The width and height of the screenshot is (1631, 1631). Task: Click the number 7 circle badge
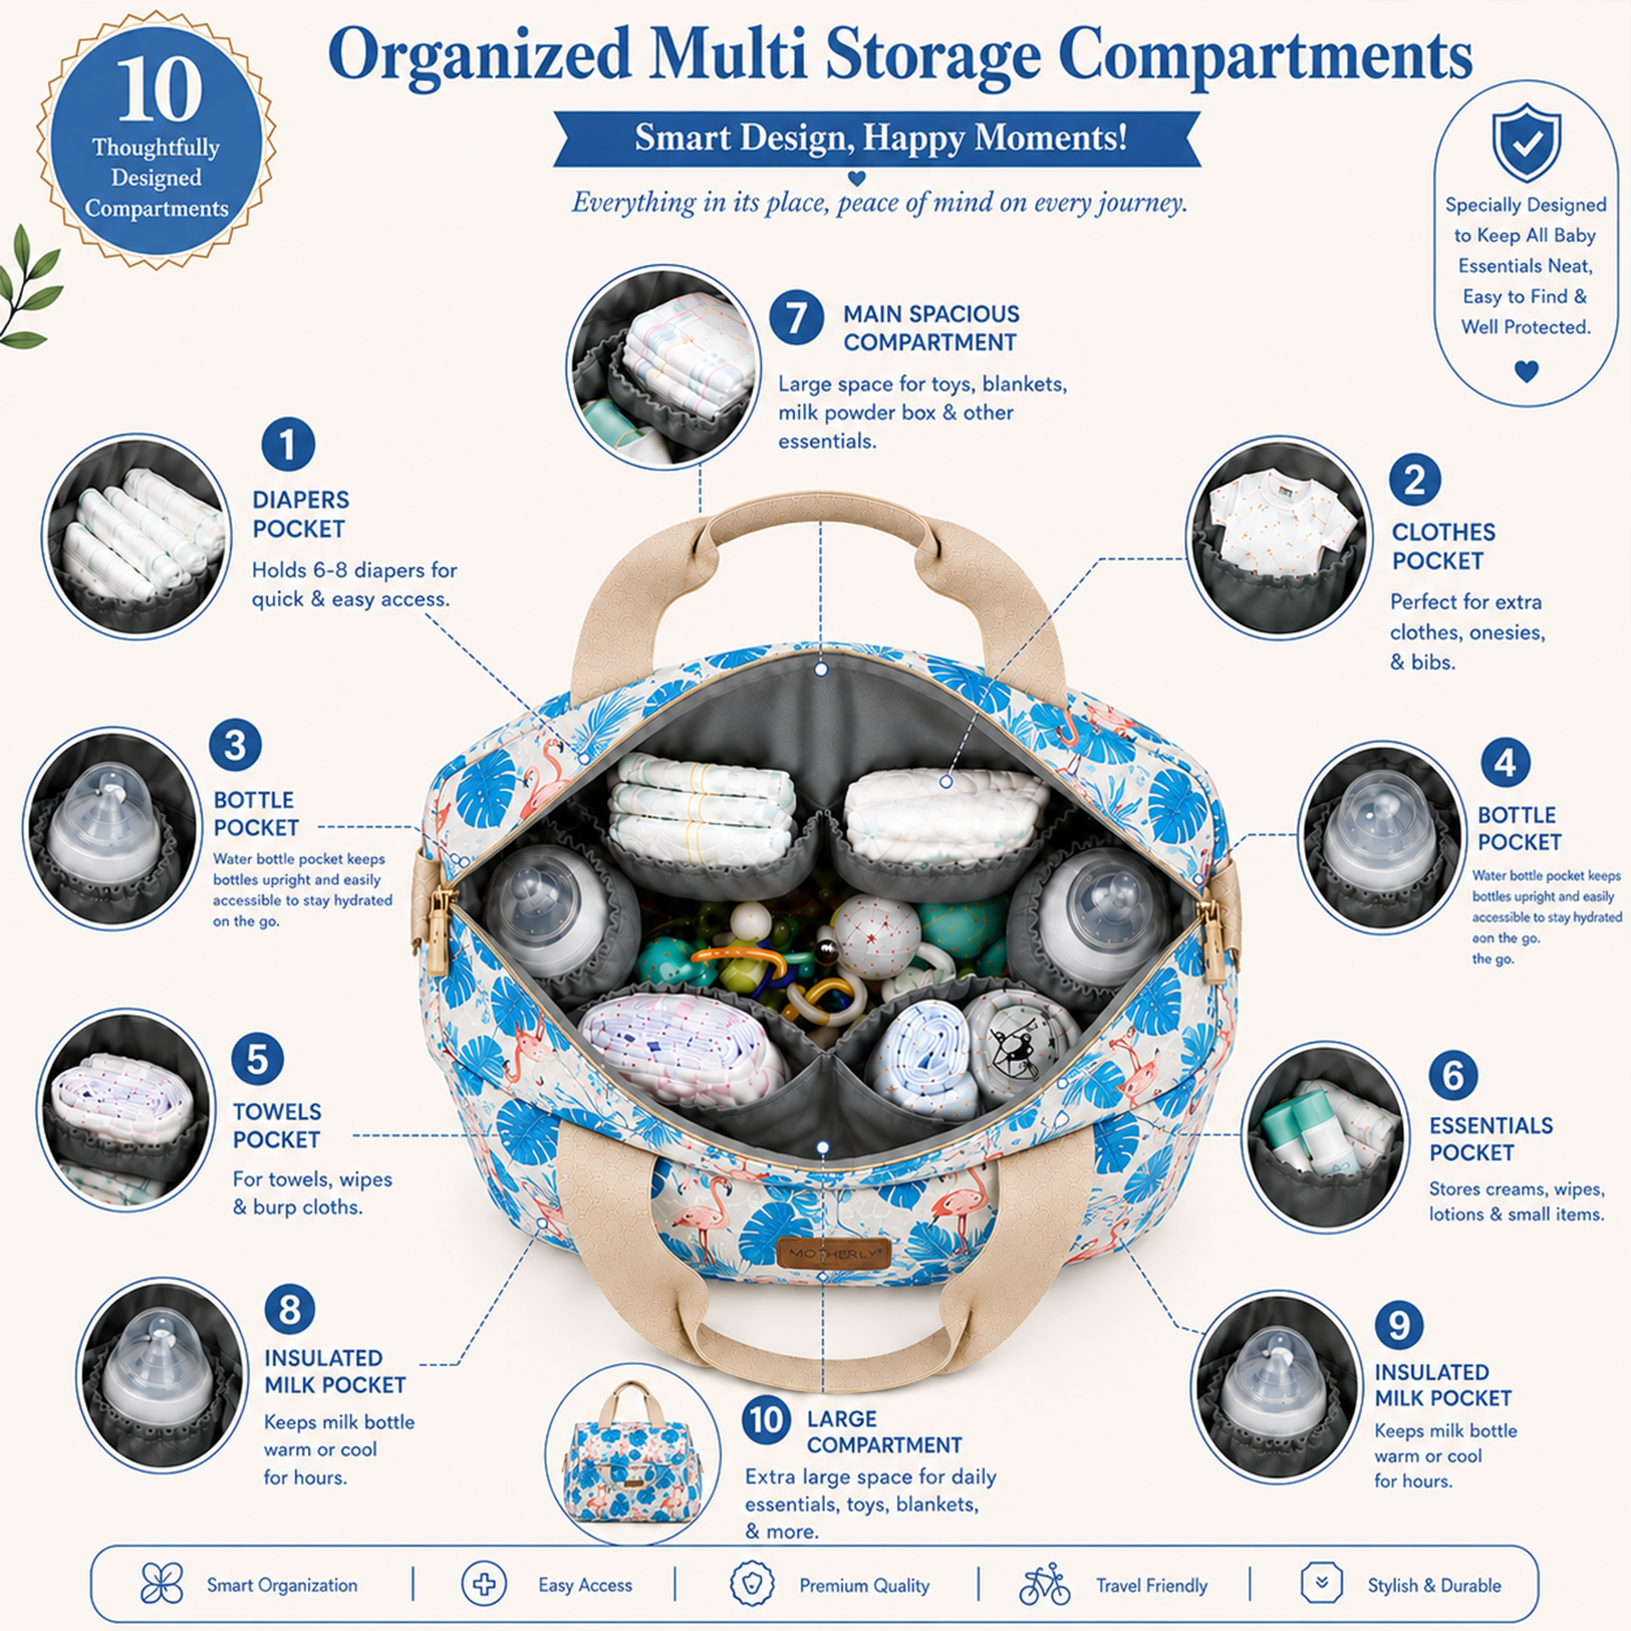click(x=796, y=318)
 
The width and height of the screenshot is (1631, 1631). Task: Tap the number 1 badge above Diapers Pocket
click(x=288, y=444)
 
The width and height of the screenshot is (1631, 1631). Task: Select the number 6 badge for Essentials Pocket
click(x=1453, y=1075)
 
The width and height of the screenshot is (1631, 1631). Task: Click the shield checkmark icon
click(x=1526, y=142)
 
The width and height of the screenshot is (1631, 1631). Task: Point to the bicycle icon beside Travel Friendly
click(x=1044, y=1585)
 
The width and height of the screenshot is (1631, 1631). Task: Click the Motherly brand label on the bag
click(x=833, y=1253)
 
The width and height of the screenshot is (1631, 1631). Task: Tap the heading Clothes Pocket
click(x=1443, y=546)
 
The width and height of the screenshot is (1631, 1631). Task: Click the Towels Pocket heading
click(x=277, y=1125)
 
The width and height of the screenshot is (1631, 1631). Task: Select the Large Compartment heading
click(x=884, y=1431)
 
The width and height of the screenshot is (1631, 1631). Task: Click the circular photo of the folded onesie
click(x=1279, y=538)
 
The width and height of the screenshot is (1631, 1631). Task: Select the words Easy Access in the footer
click(x=585, y=1585)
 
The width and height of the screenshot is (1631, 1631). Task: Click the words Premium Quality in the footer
click(x=864, y=1585)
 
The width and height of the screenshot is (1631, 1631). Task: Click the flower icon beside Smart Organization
click(x=162, y=1584)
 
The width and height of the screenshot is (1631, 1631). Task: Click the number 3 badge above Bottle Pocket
click(x=235, y=745)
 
